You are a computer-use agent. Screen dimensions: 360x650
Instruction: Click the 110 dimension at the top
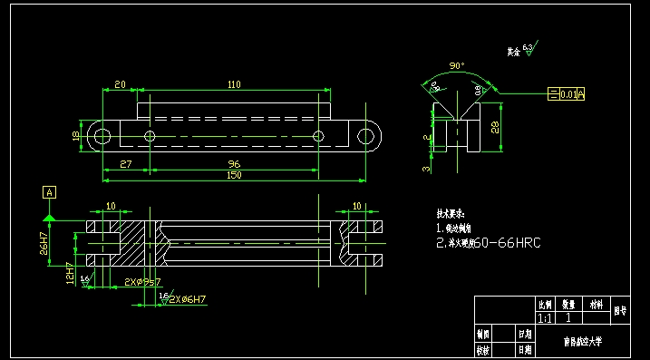[x=234, y=84]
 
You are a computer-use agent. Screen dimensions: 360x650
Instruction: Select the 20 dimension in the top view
[x=119, y=84]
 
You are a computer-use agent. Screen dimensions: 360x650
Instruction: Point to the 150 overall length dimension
[x=234, y=175]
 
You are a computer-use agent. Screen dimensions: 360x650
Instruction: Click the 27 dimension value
[x=126, y=164]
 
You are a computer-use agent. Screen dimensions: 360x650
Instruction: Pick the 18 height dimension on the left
[x=76, y=135]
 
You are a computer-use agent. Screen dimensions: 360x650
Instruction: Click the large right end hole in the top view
[x=367, y=136]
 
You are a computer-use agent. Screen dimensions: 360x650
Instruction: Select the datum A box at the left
[x=49, y=192]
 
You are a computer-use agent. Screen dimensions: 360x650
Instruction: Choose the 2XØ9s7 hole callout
[x=142, y=282]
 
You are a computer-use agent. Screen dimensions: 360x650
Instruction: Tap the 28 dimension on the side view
[x=494, y=128]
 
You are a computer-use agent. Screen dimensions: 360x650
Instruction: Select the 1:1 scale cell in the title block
[x=545, y=318]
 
